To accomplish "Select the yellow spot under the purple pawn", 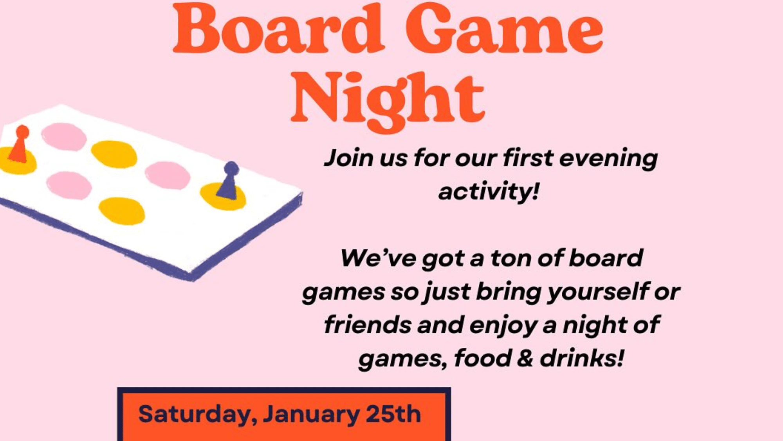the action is pyautogui.click(x=223, y=196).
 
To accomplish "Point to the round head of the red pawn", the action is pyautogui.click(x=22, y=131).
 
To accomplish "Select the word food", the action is pyautogui.click(x=483, y=359).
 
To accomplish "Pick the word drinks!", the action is pyautogui.click(x=582, y=359).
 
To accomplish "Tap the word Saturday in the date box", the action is pyautogui.click(x=198, y=415).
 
